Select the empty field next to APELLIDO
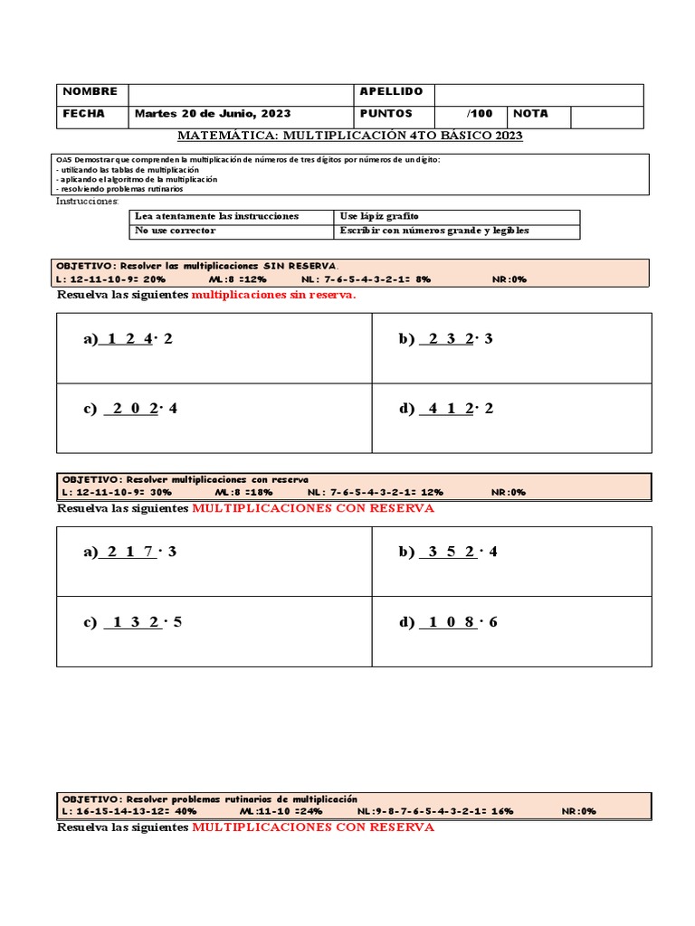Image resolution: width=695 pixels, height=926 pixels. click(x=538, y=94)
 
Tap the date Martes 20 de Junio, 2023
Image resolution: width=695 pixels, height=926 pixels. click(x=213, y=114)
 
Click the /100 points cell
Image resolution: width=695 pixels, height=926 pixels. click(x=480, y=114)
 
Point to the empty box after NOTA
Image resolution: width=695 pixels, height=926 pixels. click(x=606, y=116)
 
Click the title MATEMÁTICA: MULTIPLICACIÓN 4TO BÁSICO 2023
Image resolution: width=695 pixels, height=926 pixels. click(x=349, y=136)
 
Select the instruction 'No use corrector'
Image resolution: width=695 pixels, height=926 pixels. click(x=176, y=231)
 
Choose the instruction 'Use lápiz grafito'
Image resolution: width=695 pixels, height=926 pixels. click(x=379, y=216)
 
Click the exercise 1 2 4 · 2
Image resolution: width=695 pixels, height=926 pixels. click(x=127, y=339)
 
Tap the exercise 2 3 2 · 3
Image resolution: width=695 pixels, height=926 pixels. click(x=445, y=339)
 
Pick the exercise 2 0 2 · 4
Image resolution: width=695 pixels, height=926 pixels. click(x=130, y=409)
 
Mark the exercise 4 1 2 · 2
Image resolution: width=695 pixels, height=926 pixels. click(x=445, y=409)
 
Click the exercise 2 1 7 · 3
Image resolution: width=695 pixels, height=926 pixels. click(x=129, y=553)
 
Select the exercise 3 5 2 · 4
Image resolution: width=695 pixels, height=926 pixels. click(x=447, y=553)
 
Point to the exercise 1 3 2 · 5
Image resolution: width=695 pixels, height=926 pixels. click(x=132, y=622)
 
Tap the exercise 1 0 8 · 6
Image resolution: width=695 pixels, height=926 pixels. click(x=447, y=622)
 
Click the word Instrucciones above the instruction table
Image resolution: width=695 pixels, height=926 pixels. click(x=81, y=201)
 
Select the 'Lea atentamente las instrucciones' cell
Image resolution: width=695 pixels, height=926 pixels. click(x=215, y=216)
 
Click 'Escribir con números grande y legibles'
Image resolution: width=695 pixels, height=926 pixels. click(x=434, y=231)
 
